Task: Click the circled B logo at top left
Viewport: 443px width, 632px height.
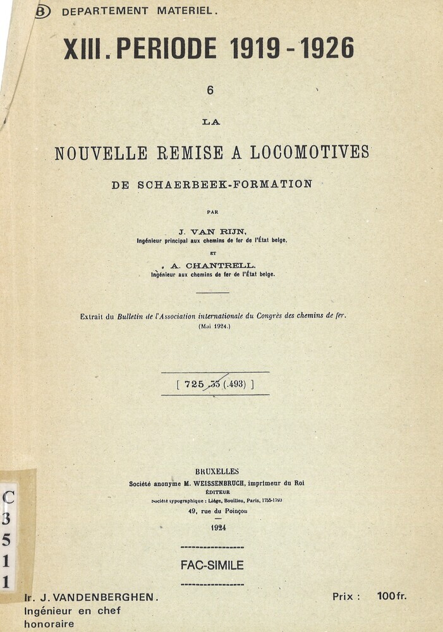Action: click(42, 11)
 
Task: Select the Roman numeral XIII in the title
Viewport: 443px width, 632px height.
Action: click(83, 49)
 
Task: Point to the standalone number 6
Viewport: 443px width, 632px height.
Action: click(210, 90)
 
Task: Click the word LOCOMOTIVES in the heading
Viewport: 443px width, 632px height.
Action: click(310, 152)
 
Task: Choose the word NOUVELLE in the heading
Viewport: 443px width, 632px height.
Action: click(101, 152)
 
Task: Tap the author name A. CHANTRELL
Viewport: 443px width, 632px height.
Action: click(213, 266)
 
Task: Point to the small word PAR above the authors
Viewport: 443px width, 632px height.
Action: click(212, 212)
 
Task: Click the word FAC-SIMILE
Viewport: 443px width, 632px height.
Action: click(212, 566)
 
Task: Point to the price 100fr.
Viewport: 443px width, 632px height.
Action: click(392, 596)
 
